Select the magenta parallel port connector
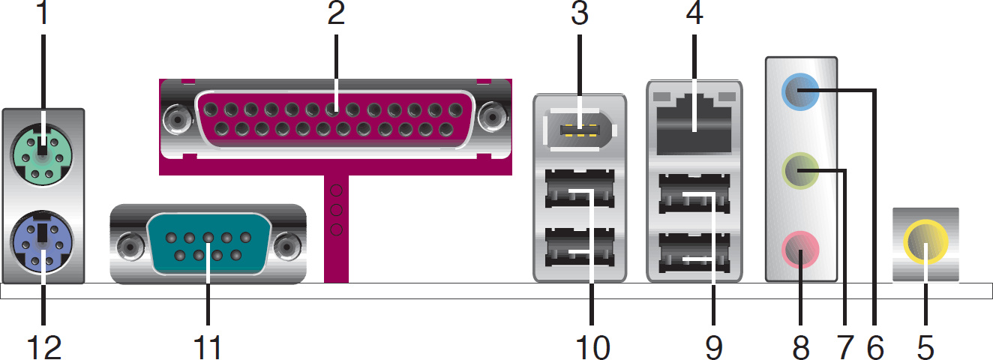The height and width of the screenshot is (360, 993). tap(335, 120)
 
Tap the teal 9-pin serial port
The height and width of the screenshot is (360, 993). tap(208, 246)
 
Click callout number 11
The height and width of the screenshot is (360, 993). tap(208, 346)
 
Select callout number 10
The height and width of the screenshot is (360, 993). tap(592, 346)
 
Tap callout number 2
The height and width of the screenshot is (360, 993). tap(335, 13)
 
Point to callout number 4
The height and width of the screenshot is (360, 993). tap(694, 13)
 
